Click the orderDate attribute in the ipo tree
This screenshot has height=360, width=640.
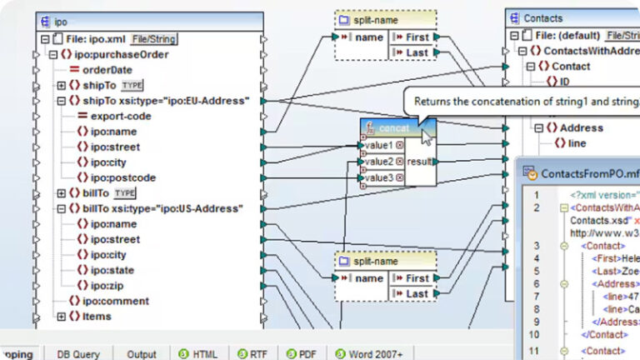point(107,70)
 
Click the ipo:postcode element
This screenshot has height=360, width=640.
point(123,177)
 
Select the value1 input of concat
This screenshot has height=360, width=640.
point(379,145)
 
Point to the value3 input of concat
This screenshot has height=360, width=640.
point(379,177)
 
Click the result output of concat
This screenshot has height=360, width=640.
point(419,161)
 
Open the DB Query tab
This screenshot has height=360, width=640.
point(78,354)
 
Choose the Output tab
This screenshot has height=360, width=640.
point(142,354)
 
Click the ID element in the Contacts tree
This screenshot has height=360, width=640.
point(564,82)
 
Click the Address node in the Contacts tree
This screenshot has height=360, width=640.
point(581,127)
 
